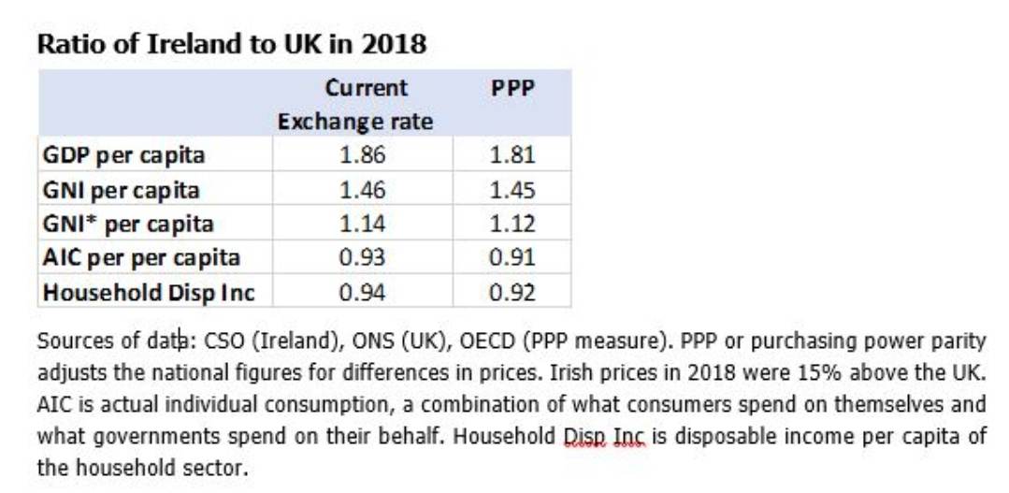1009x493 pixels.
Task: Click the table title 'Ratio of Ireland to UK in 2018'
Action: pos(231,44)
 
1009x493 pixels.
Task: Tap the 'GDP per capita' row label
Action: pos(123,154)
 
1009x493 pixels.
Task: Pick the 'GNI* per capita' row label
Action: pos(128,224)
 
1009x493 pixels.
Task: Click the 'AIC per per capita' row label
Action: pos(141,257)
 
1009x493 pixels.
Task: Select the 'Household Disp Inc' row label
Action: pos(149,292)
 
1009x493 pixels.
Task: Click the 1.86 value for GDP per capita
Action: pos(362,154)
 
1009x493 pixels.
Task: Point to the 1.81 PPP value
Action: pos(512,154)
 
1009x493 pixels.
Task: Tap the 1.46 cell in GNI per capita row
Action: pos(362,190)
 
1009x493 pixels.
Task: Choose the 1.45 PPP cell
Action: pos(512,190)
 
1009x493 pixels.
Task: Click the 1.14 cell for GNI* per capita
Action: pos(362,224)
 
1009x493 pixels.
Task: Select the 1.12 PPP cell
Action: pos(512,224)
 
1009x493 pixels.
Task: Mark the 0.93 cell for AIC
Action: pos(362,257)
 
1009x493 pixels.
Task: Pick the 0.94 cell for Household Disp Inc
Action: pos(362,292)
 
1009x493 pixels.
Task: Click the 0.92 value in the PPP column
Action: pos(512,292)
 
